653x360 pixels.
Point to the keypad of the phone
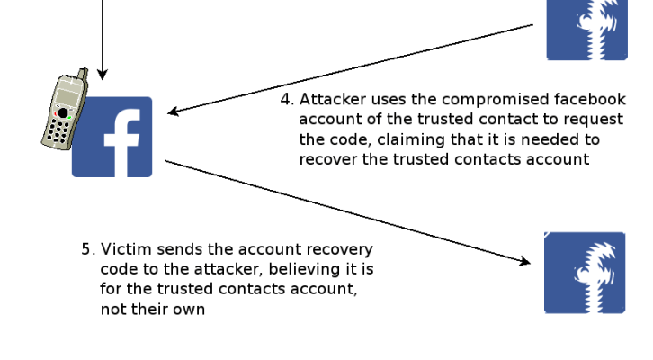[x=60, y=131]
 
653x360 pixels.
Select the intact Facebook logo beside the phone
[x=112, y=137]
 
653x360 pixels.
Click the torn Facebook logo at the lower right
[x=585, y=273]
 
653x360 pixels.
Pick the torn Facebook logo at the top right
[x=586, y=29]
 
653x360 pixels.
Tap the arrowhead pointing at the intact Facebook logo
[x=174, y=112]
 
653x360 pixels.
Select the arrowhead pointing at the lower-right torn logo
[x=523, y=262]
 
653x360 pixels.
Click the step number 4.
[x=286, y=99]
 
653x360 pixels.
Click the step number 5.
[x=87, y=249]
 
